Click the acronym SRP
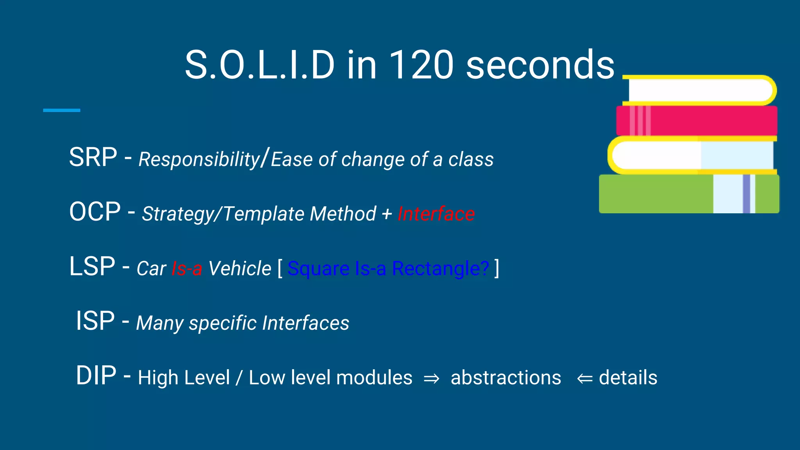pyautogui.click(x=93, y=157)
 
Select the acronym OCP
pyautogui.click(x=95, y=212)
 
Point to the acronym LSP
pyautogui.click(x=92, y=267)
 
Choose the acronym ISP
pyautogui.click(x=95, y=321)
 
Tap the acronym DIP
pyautogui.click(x=96, y=376)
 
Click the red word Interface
pyautogui.click(x=436, y=214)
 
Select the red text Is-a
pyautogui.click(x=187, y=269)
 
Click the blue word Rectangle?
pyautogui.click(x=440, y=269)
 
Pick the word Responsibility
pyautogui.click(x=199, y=160)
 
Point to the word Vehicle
pyautogui.click(x=239, y=269)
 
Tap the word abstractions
pyautogui.click(x=506, y=378)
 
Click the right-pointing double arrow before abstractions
pyautogui.click(x=431, y=379)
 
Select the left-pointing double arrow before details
pyautogui.click(x=585, y=379)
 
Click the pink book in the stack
pyautogui.click(x=703, y=121)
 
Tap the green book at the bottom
pyautogui.click(x=656, y=194)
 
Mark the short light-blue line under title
pyautogui.click(x=62, y=111)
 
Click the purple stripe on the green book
pyautogui.click(x=746, y=194)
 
